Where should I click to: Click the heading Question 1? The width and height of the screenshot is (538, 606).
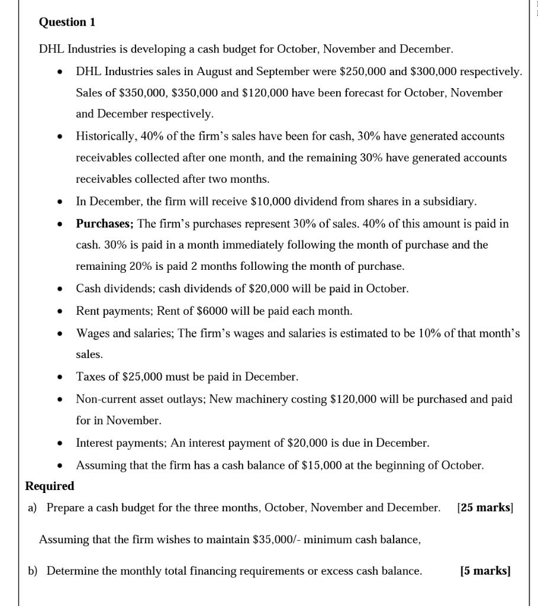[x=67, y=22]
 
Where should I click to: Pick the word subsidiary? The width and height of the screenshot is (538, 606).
[x=448, y=202]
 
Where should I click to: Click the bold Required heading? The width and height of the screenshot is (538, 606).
[x=50, y=486]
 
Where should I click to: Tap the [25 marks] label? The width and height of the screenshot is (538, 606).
[x=485, y=508]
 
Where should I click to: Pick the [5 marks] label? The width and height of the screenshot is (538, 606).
[x=485, y=571]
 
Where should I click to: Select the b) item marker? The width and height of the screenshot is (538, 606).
[x=33, y=571]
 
